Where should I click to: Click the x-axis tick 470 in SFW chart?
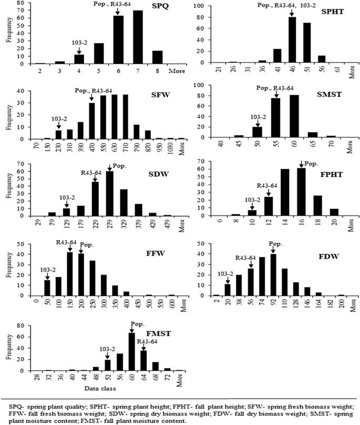92,146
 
